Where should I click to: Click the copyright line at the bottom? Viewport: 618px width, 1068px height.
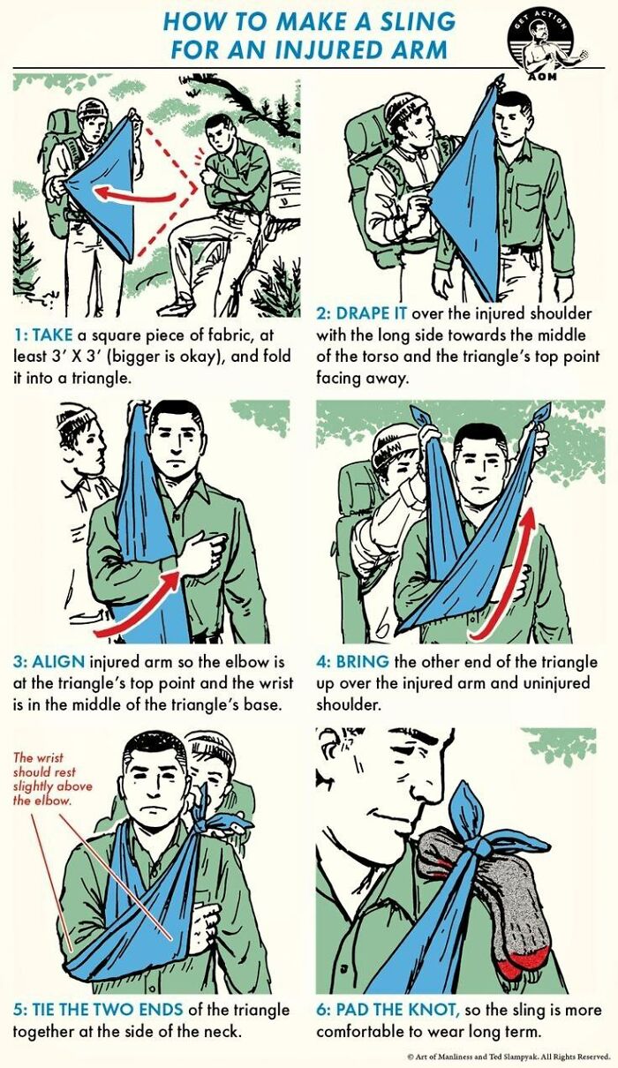[508, 1057]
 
